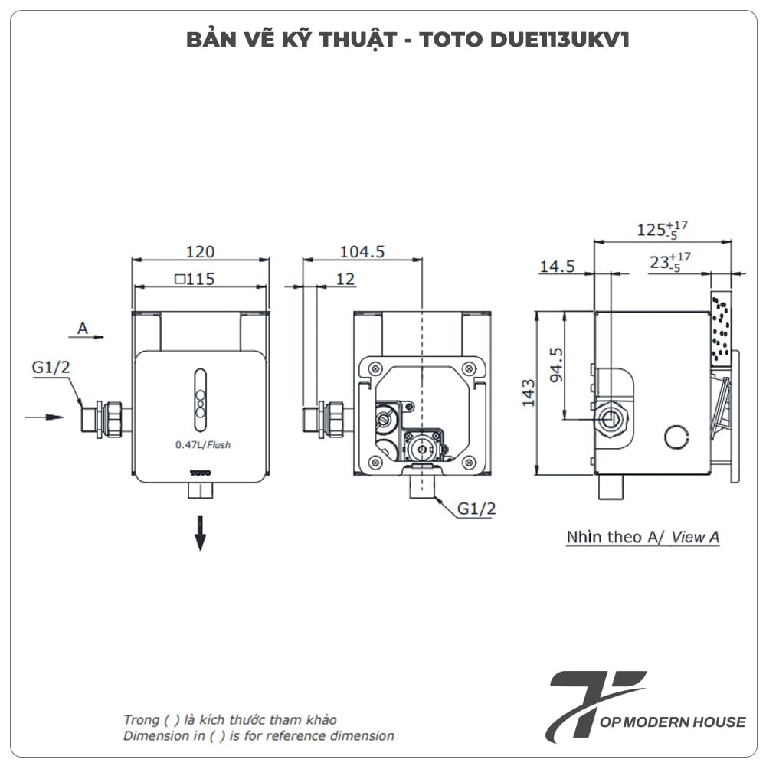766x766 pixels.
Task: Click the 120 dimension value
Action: click(x=200, y=251)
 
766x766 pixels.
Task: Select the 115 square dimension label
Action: click(x=195, y=279)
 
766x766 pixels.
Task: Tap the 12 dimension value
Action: click(x=345, y=279)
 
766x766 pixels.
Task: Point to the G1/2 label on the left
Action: click(x=51, y=368)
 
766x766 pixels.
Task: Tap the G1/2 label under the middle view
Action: click(x=476, y=508)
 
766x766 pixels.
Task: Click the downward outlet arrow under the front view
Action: click(x=201, y=532)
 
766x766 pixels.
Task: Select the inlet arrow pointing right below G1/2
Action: click(x=44, y=417)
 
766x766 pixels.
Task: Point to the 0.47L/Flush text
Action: click(x=202, y=444)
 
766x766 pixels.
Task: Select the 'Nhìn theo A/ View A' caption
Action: click(x=643, y=537)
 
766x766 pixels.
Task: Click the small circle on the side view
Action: click(x=675, y=437)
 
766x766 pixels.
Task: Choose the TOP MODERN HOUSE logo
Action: click(x=647, y=705)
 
